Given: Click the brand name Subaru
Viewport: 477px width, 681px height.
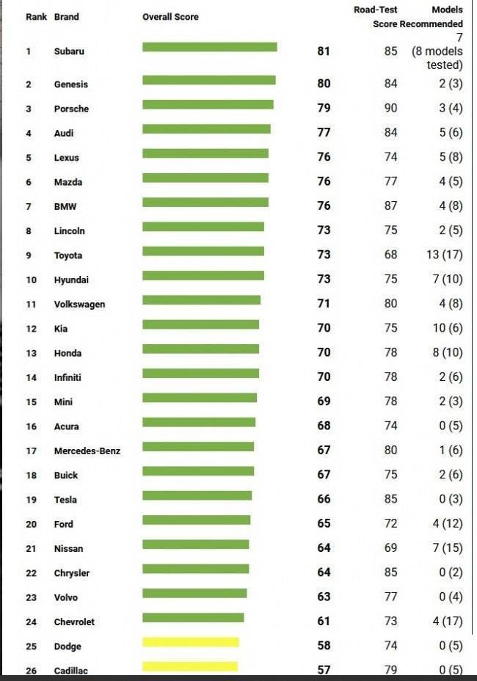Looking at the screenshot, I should [x=69, y=51].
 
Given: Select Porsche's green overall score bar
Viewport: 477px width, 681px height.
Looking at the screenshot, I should [x=208, y=104].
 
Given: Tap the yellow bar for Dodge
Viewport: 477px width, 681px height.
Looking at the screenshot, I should [x=190, y=642].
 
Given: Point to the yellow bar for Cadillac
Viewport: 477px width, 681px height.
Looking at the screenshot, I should [x=189, y=666].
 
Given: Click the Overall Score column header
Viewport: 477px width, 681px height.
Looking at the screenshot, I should [x=170, y=16].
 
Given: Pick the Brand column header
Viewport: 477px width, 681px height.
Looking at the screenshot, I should [x=66, y=16].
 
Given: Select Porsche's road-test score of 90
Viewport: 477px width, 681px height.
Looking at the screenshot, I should [x=390, y=108].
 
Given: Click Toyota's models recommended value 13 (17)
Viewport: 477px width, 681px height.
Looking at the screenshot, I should [x=443, y=255].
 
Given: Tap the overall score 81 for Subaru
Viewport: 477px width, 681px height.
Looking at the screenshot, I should [x=324, y=51].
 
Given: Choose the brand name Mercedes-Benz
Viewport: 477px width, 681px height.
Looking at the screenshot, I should [x=87, y=451].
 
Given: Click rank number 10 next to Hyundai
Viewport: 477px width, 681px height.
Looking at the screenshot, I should [x=31, y=280].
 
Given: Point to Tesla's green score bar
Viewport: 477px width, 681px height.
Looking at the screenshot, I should [x=197, y=495].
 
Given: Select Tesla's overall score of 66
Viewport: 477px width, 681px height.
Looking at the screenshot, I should [x=324, y=499].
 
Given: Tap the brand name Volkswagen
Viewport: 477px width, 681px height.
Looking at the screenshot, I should [x=79, y=304].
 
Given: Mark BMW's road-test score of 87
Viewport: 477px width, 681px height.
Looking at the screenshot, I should [x=390, y=206].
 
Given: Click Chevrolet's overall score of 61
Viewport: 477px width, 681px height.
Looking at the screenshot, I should [x=324, y=622].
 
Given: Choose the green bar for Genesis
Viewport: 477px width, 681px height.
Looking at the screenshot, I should [x=208, y=80].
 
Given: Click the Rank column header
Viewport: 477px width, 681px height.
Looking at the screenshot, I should [x=36, y=16].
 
